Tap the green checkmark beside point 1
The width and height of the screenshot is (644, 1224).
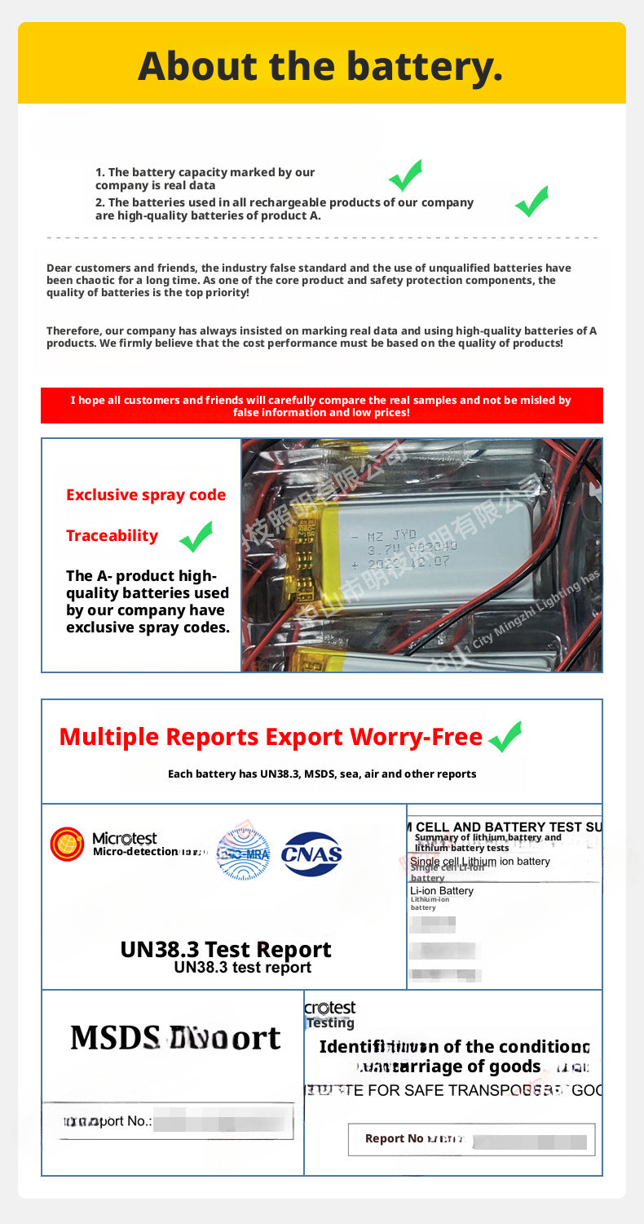click(x=404, y=175)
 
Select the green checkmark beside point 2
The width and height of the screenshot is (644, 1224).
click(x=532, y=202)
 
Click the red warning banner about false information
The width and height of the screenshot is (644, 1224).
click(x=321, y=406)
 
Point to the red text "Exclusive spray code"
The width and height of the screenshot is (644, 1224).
click(x=146, y=494)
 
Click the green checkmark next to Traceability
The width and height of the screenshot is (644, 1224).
click(x=196, y=537)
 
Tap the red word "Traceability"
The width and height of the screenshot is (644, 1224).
click(x=112, y=535)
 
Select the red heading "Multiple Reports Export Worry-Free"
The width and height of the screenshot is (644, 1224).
click(x=271, y=737)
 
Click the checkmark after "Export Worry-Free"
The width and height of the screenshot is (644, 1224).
click(x=505, y=737)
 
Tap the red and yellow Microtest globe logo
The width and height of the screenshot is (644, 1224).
click(x=67, y=844)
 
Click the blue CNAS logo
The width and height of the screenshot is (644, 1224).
click(x=311, y=854)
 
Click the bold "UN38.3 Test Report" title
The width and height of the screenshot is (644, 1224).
click(x=226, y=949)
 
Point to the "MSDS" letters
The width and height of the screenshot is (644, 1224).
click(x=115, y=1038)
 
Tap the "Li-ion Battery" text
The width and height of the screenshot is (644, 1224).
click(x=442, y=890)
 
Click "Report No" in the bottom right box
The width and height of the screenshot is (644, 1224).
click(x=395, y=1138)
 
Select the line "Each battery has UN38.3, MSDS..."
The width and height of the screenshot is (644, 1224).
click(x=322, y=774)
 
